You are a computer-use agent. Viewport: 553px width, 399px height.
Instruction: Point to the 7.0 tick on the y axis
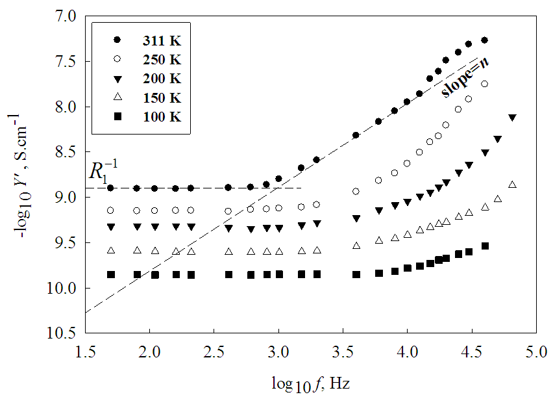66,15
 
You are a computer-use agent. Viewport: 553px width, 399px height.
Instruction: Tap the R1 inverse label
105,170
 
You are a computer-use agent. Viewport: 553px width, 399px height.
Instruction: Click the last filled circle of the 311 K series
484,40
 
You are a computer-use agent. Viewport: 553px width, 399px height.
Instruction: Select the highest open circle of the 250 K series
484,84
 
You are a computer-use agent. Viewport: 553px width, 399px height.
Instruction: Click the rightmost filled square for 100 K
484,246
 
